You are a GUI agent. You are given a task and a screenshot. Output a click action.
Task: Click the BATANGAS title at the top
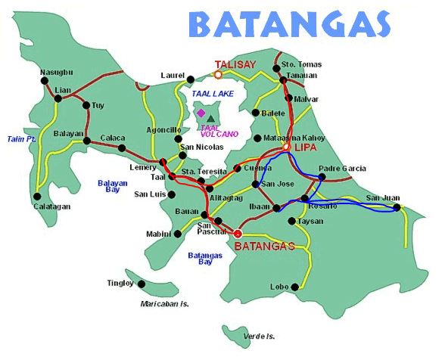click(x=290, y=25)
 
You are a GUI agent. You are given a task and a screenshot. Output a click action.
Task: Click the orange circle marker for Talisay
click(x=218, y=74)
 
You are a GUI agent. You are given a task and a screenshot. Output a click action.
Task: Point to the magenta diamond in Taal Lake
click(x=201, y=113)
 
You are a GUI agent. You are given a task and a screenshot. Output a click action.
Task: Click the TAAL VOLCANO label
click(x=220, y=130)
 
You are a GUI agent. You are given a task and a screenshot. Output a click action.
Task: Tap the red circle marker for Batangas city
click(x=238, y=233)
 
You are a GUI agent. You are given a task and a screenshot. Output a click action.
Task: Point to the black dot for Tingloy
click(x=140, y=284)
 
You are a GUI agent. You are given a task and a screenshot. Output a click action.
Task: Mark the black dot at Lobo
click(x=299, y=287)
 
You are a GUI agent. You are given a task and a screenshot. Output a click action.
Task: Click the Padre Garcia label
click(x=342, y=168)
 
